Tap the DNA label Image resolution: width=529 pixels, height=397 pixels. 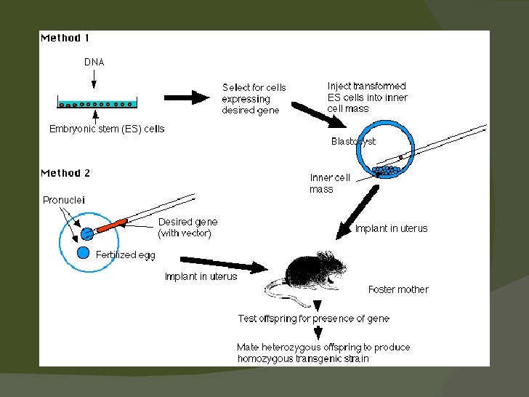click(x=94, y=63)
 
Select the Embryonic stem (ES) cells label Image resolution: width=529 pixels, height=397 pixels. click(x=107, y=129)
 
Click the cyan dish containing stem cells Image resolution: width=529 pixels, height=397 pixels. click(x=94, y=103)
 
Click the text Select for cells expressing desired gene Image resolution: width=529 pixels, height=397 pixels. click(x=254, y=99)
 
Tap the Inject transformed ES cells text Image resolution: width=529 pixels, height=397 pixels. click(x=367, y=97)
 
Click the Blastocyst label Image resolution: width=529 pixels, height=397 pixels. click(x=353, y=142)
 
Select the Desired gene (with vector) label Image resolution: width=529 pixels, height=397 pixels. click(x=187, y=228)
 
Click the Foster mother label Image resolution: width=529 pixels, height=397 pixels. click(x=398, y=289)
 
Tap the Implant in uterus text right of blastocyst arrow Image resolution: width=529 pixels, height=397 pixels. click(x=391, y=228)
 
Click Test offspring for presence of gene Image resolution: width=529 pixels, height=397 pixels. click(x=313, y=318)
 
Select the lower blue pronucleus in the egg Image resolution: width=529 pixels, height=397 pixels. click(x=84, y=252)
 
